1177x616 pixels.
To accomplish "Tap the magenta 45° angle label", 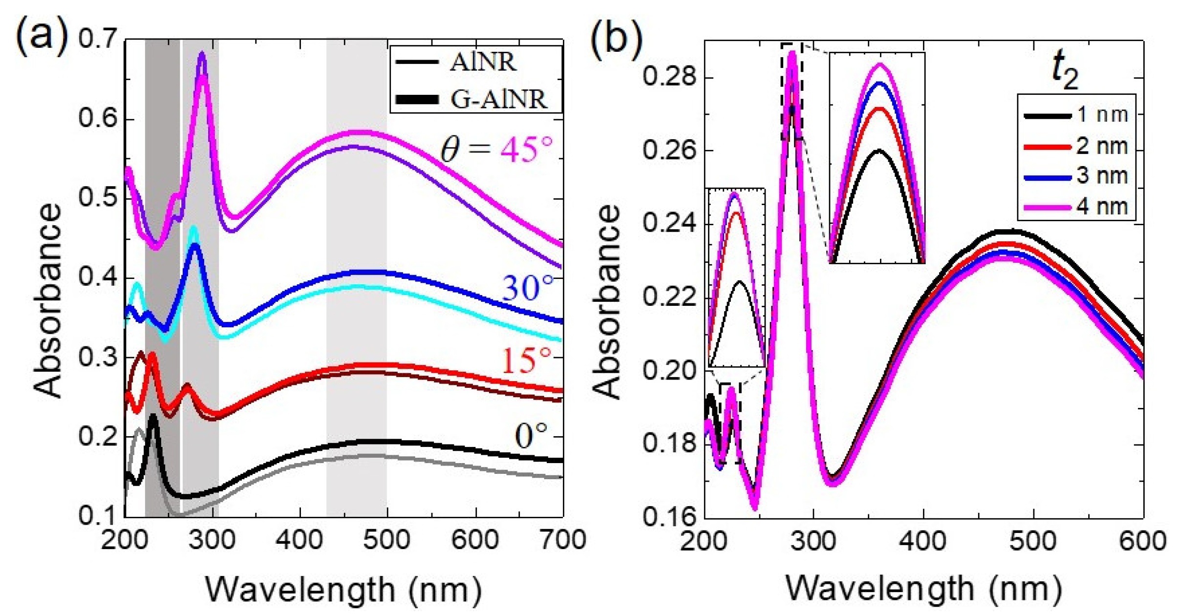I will click(526, 149).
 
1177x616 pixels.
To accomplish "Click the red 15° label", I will click(526, 361).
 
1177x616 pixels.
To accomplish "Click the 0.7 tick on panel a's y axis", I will click(98, 39).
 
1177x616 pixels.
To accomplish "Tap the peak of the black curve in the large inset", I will click(878, 150).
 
